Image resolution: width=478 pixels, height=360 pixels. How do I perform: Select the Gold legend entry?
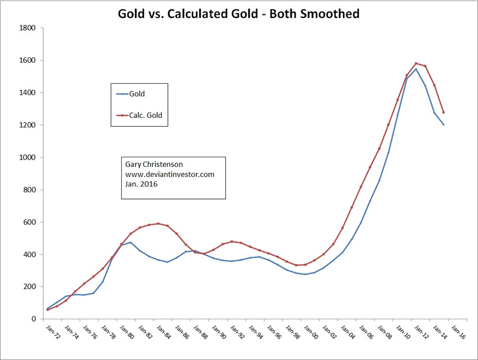(137, 94)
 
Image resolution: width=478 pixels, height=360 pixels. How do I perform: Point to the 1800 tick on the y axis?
(27, 28)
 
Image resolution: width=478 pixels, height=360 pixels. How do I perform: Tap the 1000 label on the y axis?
(27, 157)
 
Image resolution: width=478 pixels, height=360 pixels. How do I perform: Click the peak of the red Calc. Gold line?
(416, 63)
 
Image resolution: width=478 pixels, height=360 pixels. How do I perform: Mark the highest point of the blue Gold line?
(416, 69)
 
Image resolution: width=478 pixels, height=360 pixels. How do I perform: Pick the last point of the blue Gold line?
(444, 124)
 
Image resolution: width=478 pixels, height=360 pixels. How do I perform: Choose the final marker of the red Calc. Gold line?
(444, 112)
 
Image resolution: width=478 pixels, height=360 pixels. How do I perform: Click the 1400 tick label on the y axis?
(27, 93)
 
